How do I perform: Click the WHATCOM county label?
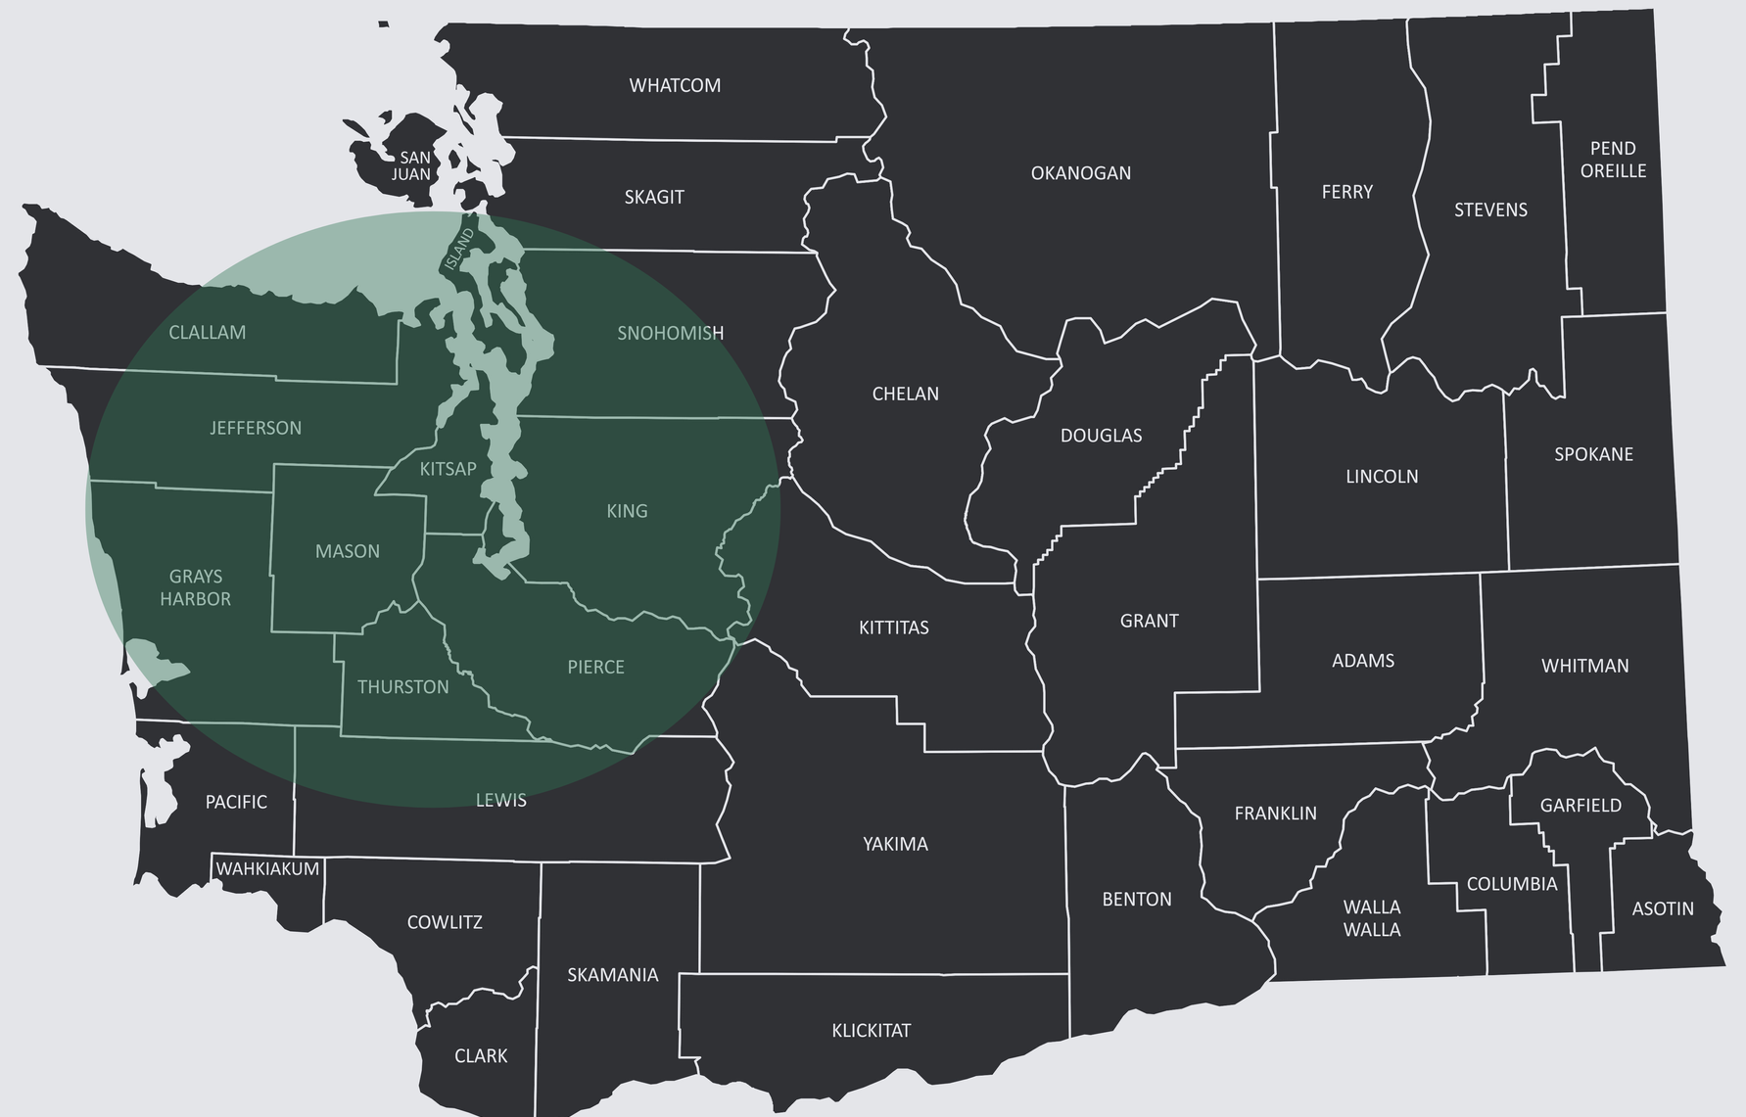click(675, 86)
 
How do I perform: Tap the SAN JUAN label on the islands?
click(412, 166)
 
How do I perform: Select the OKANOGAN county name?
click(1080, 173)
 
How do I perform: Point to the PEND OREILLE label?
click(1613, 160)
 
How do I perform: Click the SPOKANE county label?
click(1593, 454)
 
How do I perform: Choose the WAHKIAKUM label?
click(267, 869)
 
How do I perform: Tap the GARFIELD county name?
click(1581, 806)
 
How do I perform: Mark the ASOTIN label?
click(1662, 909)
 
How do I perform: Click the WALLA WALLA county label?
click(1372, 918)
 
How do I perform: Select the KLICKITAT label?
click(871, 1031)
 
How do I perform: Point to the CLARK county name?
click(481, 1056)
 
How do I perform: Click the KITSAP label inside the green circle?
click(448, 469)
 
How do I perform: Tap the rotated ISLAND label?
click(458, 249)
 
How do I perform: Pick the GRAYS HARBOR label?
click(196, 587)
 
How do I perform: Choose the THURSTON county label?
click(402, 687)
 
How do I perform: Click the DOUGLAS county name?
click(1101, 436)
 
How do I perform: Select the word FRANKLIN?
click(1275, 814)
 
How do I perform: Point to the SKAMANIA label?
click(613, 975)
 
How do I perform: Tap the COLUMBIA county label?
click(1511, 884)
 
